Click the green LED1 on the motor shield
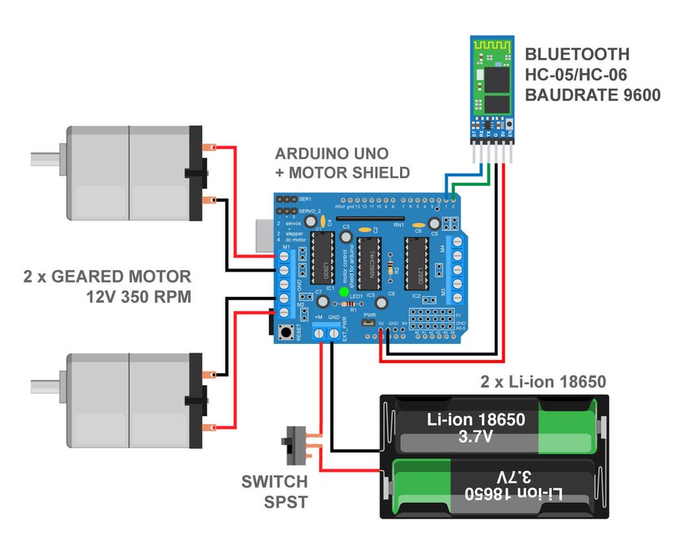[x=344, y=292]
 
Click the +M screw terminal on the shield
[x=319, y=334]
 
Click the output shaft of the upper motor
[x=46, y=158]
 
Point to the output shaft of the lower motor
[x=46, y=386]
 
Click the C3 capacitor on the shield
[x=346, y=235]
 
